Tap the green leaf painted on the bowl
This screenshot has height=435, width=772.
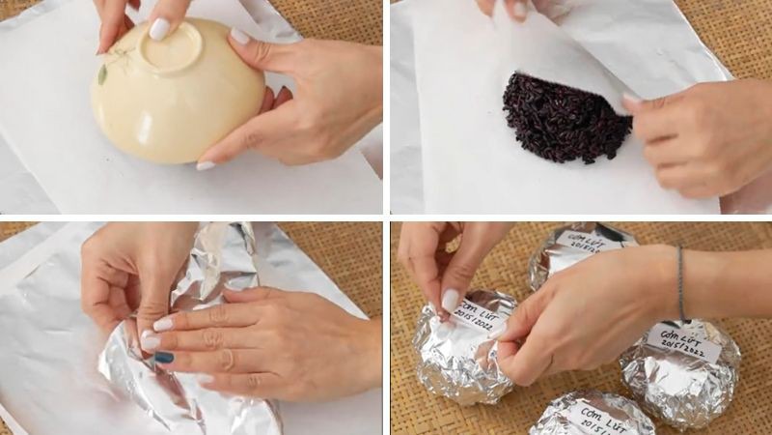102,73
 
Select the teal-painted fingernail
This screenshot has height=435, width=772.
164,358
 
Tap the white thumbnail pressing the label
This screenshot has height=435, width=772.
451,301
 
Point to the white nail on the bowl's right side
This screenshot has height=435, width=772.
239,36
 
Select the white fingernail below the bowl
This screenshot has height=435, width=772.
206,165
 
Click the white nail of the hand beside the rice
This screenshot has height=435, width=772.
631,99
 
